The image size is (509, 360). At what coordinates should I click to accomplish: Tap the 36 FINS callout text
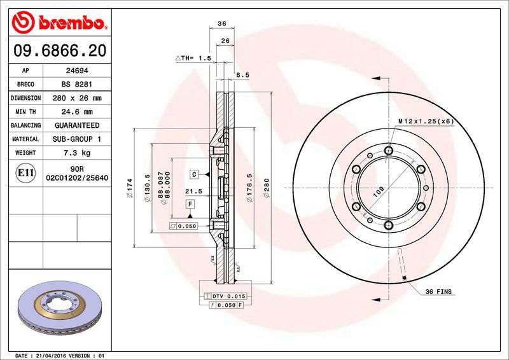pos(438,291)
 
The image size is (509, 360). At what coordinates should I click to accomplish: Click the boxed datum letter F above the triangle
pos(190,204)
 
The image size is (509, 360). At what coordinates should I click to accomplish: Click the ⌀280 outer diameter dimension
pos(268,189)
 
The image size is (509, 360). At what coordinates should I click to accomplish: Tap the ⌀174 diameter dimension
pos(130,189)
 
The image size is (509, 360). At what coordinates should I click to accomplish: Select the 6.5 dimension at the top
pos(242,74)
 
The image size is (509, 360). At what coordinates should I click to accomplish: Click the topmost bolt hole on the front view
pos(388,150)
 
